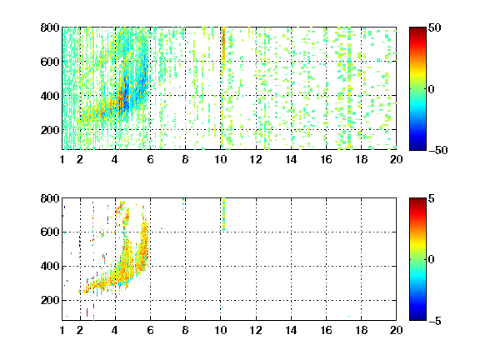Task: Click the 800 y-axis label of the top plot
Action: [x=50, y=27]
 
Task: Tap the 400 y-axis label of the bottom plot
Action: [x=50, y=266]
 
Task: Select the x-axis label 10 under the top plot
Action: [x=220, y=159]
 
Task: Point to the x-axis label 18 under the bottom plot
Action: [x=361, y=330]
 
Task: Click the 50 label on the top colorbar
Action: [x=435, y=27]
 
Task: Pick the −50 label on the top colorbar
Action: [x=438, y=150]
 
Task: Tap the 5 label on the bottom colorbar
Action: [x=432, y=198]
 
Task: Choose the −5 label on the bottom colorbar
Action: [x=435, y=321]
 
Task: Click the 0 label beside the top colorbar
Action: [x=432, y=89]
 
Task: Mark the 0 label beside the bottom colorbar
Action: [x=432, y=260]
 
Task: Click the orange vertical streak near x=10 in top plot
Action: [x=223, y=45]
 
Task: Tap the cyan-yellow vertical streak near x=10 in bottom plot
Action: [x=224, y=214]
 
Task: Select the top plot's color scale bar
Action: [x=417, y=89]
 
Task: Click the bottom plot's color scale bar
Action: [x=417, y=259]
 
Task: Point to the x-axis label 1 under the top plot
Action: [x=62, y=159]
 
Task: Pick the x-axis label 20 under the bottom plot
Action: [x=396, y=330]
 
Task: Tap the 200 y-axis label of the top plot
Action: [x=50, y=130]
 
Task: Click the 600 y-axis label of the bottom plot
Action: [x=50, y=232]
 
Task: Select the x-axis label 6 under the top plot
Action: [x=150, y=159]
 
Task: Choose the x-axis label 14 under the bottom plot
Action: [x=291, y=330]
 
